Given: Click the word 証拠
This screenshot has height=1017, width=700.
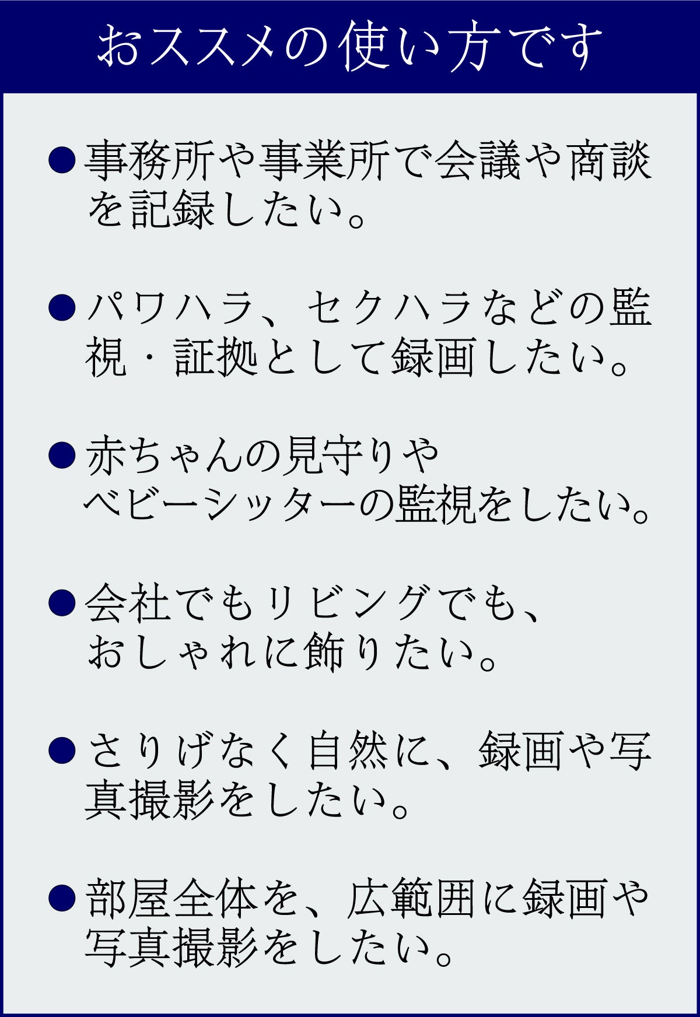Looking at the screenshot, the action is [x=216, y=357].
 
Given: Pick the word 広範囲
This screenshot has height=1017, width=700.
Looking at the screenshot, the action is [x=412, y=898].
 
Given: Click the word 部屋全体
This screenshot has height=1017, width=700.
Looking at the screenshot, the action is [x=171, y=898].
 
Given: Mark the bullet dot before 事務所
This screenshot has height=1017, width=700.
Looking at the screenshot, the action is [x=62, y=160].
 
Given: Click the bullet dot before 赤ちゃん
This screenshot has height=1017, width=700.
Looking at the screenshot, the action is [x=62, y=455].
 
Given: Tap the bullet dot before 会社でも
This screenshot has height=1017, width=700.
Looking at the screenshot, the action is [x=62, y=602].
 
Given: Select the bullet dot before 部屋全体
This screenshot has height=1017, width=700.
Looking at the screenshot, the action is [x=62, y=897].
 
